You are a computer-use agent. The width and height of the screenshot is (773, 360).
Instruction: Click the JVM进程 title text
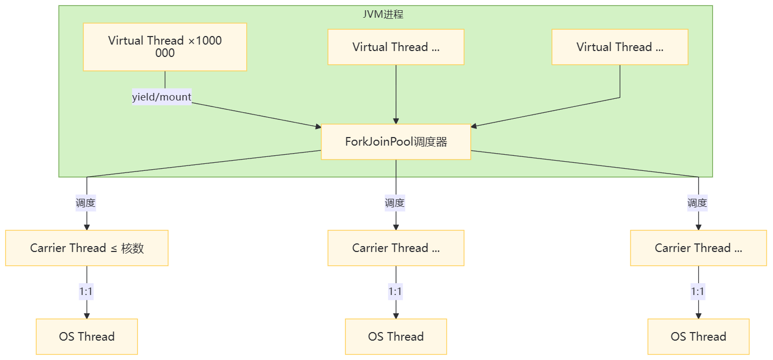click(383, 15)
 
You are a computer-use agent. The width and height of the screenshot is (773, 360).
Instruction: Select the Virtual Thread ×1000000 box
click(164, 47)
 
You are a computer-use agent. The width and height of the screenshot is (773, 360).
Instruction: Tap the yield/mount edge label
click(162, 97)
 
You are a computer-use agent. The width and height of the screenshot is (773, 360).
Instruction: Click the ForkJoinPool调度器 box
click(396, 142)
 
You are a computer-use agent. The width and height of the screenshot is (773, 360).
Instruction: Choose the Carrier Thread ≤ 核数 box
click(87, 248)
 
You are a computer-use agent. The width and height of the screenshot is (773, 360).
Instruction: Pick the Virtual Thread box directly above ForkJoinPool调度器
click(396, 47)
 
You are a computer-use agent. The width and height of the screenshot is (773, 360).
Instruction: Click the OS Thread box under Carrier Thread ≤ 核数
click(87, 336)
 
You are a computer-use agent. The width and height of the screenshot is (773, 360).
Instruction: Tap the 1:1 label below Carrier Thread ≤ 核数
click(87, 292)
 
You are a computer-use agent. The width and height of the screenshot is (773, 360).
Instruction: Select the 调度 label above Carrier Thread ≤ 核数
click(86, 203)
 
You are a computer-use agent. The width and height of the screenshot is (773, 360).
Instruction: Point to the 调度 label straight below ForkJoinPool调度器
click(395, 203)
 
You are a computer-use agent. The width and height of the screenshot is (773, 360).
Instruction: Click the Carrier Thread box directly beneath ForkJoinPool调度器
click(396, 248)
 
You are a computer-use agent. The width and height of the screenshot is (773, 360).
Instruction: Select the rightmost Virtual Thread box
click(620, 47)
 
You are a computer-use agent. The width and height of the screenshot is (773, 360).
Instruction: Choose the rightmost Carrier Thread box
click(698, 248)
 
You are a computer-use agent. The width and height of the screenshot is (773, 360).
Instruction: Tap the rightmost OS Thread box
click(698, 336)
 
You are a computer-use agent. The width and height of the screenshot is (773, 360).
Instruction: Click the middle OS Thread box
click(396, 336)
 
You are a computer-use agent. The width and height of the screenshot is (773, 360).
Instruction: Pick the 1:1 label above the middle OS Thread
click(395, 292)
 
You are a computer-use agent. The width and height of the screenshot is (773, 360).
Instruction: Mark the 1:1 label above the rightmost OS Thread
click(697, 292)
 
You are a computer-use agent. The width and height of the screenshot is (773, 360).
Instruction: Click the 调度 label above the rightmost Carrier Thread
click(697, 203)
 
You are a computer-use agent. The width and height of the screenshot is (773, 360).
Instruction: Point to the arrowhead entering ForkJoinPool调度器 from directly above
click(396, 121)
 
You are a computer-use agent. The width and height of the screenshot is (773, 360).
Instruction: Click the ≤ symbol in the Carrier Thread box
click(113, 248)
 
